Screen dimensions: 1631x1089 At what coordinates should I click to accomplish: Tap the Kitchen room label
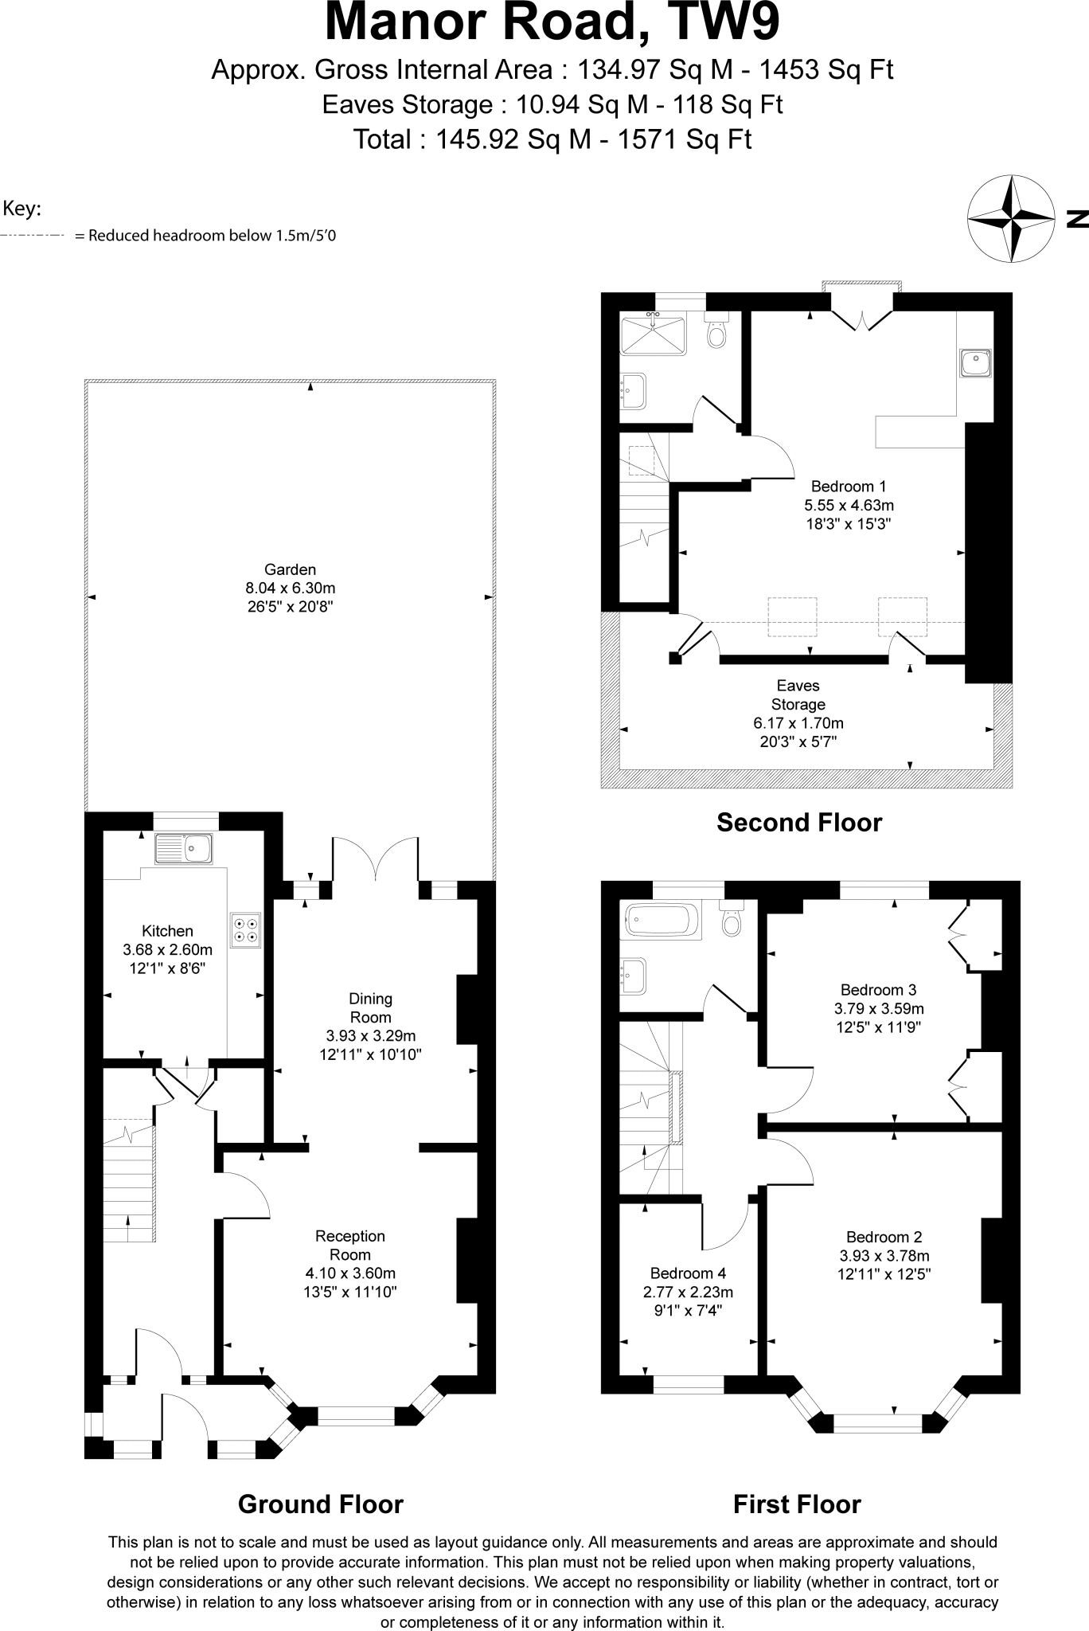click(x=167, y=931)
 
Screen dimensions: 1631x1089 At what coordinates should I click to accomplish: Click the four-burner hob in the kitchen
click(x=246, y=930)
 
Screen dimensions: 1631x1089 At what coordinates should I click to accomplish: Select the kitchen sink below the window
click(x=184, y=849)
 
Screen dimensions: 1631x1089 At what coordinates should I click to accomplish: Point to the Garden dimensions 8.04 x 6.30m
click(x=290, y=589)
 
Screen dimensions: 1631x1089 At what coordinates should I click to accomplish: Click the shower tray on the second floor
click(x=653, y=335)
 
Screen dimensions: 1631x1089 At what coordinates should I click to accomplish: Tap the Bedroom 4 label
click(x=688, y=1273)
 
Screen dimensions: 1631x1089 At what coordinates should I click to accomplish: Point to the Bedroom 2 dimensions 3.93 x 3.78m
click(x=884, y=1256)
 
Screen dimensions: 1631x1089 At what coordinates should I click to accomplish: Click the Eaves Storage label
click(x=798, y=694)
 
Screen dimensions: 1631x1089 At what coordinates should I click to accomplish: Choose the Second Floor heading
click(x=799, y=823)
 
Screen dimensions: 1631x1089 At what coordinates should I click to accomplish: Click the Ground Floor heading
click(x=320, y=1504)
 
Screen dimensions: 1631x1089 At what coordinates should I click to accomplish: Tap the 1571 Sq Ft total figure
click(x=685, y=139)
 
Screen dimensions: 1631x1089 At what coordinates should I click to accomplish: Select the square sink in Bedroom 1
click(x=975, y=363)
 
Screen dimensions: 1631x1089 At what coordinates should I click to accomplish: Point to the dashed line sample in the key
click(x=32, y=236)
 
